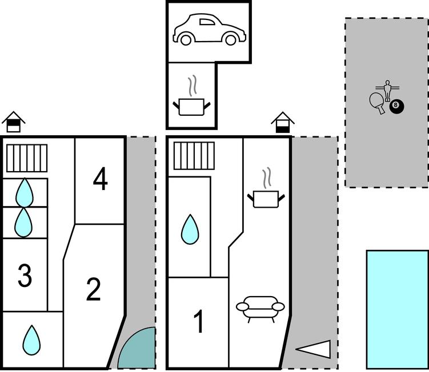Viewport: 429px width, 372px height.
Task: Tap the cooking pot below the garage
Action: coord(192,106)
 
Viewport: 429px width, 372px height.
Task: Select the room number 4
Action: coord(100,180)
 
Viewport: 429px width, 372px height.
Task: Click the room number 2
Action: coord(93,290)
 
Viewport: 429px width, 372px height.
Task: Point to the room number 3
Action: coord(24,276)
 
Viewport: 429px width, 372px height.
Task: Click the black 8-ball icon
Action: coord(395,106)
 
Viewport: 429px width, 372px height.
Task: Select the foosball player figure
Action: coord(388,90)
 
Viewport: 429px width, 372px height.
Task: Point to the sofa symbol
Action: coord(259,308)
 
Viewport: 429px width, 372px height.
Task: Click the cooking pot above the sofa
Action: coord(265,197)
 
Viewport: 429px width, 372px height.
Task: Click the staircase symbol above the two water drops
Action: coord(27,158)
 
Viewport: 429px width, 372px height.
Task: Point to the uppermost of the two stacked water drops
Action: coord(24,192)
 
